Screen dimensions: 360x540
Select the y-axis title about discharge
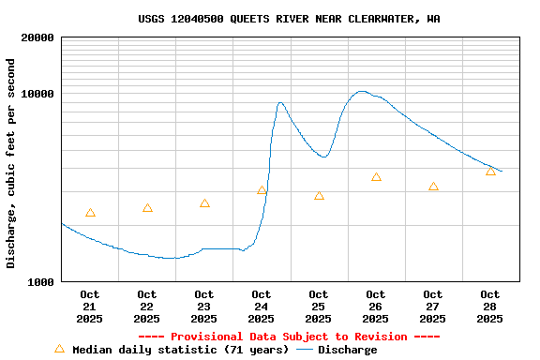(11, 163)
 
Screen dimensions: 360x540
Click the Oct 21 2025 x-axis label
(90, 307)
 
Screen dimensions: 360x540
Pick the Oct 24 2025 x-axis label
(262, 307)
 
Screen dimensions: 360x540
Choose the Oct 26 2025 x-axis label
(376, 307)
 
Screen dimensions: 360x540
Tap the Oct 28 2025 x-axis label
(490, 307)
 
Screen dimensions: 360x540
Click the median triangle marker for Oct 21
(90, 213)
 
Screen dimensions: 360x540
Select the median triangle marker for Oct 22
(147, 208)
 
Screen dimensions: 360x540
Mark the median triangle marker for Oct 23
(204, 203)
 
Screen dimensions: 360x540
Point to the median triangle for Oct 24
(262, 190)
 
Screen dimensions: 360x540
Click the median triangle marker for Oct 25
(319, 196)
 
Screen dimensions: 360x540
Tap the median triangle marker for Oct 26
(376, 177)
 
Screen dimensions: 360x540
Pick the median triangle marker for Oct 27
(433, 187)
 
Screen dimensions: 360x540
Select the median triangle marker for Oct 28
(490, 172)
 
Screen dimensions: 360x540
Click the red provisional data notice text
(289, 337)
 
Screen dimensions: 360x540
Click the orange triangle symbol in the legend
(59, 349)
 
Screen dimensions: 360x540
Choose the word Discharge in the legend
(347, 350)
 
